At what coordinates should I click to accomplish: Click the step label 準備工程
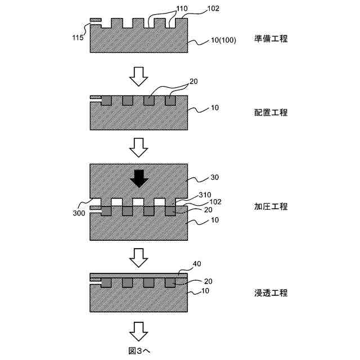[271, 39]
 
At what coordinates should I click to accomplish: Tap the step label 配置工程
[271, 112]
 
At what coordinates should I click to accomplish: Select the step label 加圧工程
[271, 206]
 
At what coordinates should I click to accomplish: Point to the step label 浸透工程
[271, 293]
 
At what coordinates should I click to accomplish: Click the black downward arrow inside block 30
[138, 179]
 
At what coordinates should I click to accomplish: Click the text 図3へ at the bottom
[138, 350]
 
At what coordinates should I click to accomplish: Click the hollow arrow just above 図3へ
[138, 328]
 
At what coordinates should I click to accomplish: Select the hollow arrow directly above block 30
[138, 147]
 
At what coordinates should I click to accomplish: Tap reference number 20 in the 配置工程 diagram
[193, 82]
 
